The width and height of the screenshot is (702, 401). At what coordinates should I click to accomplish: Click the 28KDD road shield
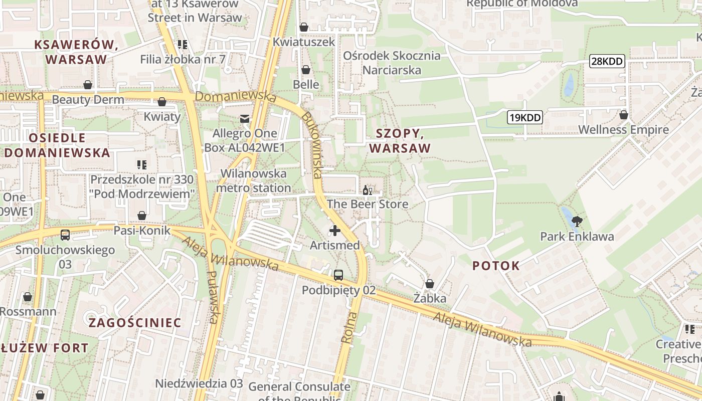click(x=607, y=62)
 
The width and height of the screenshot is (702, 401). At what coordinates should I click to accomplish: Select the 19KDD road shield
click(x=524, y=118)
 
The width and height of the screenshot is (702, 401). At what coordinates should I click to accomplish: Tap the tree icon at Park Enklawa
click(x=577, y=221)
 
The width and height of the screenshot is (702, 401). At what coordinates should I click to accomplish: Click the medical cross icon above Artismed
click(x=334, y=231)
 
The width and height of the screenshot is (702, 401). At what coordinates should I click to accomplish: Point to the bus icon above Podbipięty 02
click(x=338, y=275)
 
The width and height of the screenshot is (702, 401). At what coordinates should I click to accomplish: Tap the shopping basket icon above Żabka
click(x=429, y=284)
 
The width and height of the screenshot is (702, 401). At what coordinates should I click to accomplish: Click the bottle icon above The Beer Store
click(x=368, y=190)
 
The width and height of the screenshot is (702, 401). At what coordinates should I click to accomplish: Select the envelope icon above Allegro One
click(x=245, y=119)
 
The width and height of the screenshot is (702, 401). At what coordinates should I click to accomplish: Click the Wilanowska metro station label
click(x=253, y=181)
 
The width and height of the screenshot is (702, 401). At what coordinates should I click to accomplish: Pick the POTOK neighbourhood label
click(x=496, y=266)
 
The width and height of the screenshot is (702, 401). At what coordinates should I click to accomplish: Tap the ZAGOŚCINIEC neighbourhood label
click(x=135, y=322)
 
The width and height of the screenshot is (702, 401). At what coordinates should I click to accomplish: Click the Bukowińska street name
click(x=311, y=145)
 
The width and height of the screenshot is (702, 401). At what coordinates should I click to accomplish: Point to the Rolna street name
click(x=349, y=327)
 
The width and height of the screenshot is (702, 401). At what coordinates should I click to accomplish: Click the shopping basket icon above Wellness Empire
click(x=623, y=115)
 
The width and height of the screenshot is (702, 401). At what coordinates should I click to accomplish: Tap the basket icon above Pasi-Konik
click(x=142, y=216)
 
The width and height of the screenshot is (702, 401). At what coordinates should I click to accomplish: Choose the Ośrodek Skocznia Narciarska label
click(x=392, y=63)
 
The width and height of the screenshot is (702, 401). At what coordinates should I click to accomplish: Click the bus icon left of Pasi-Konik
click(x=65, y=235)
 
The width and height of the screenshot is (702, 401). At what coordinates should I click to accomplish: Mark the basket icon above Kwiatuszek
click(x=303, y=27)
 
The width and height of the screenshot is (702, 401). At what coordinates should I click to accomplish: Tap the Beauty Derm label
click(x=88, y=99)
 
